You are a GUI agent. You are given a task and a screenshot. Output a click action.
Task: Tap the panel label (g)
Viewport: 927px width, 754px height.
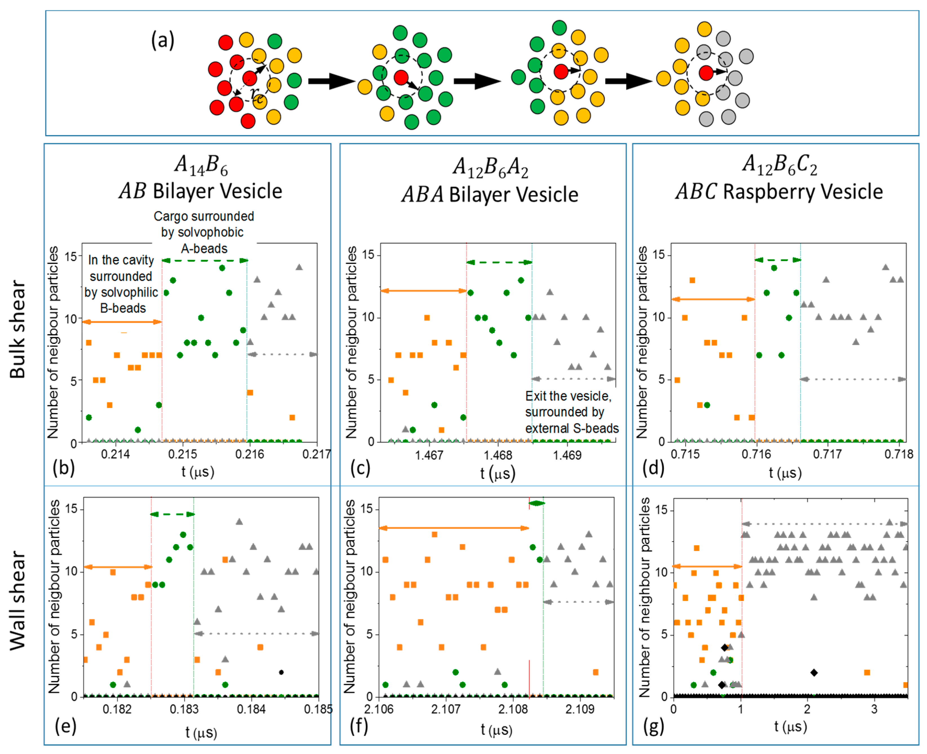(x=653, y=726)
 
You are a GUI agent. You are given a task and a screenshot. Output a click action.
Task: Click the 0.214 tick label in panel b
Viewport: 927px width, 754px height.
(x=115, y=454)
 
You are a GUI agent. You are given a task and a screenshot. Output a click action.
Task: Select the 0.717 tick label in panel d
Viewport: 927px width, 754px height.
(x=828, y=454)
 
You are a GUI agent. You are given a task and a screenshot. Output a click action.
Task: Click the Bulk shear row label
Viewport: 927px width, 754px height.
(x=17, y=329)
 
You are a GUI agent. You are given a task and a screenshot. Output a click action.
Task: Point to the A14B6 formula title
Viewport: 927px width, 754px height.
(x=201, y=165)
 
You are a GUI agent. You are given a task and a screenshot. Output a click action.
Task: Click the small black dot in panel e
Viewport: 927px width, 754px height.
(x=281, y=672)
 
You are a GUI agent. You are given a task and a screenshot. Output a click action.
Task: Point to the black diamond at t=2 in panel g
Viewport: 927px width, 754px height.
(x=814, y=672)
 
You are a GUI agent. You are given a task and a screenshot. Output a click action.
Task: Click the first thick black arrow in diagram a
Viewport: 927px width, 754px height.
(x=331, y=81)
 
